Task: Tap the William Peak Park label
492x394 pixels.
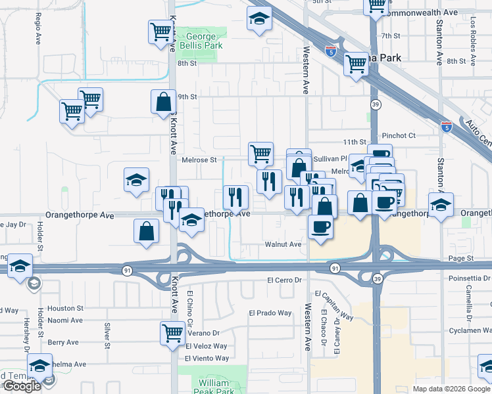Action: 215,387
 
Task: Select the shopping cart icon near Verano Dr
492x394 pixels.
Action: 172,332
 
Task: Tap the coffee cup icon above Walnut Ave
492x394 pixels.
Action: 321,227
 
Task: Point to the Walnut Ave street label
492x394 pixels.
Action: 283,244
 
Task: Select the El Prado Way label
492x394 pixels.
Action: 271,313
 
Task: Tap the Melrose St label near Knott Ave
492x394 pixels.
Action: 199,160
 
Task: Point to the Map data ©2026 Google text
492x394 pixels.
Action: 451,389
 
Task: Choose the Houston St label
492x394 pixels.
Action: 66,307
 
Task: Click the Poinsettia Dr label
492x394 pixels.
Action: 469,278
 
